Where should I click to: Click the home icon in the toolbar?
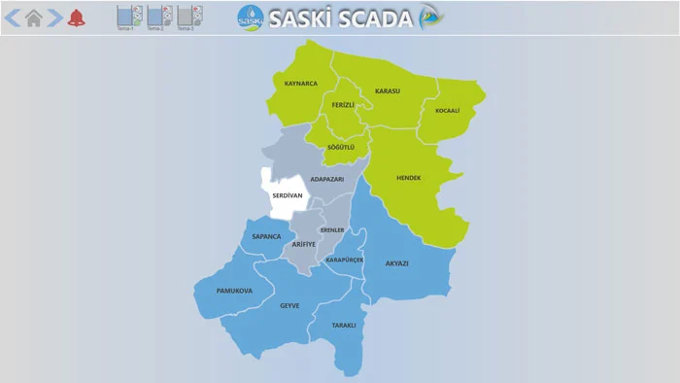pos(34,17)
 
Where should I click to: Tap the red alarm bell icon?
pos(76,17)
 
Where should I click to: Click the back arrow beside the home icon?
pos(13,17)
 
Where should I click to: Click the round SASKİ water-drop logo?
pos(251,17)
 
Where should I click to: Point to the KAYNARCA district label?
pos(301,84)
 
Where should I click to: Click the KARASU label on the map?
pos(387,91)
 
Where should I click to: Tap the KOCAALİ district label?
pos(447,111)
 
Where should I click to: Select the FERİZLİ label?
pos(344,104)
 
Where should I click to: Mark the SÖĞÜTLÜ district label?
pos(341,147)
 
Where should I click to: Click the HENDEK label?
pos(409,178)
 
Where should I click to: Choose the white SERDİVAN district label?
pos(288,195)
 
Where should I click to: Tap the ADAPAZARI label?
pos(327,179)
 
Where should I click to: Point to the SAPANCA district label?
pos(266,236)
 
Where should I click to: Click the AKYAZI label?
pos(396,263)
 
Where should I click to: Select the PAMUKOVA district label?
pos(234,291)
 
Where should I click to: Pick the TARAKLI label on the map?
pos(344,325)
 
